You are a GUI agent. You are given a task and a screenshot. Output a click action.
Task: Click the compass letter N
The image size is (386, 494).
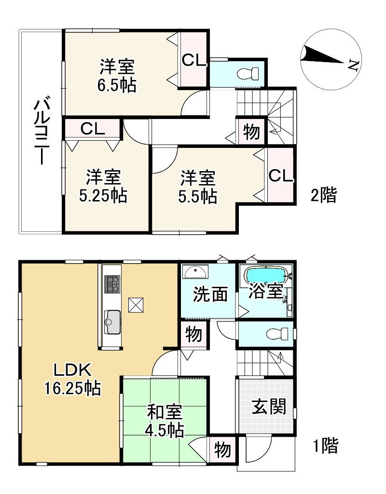coord(353,65)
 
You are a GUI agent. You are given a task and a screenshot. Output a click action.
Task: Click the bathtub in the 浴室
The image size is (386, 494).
coord(266,276)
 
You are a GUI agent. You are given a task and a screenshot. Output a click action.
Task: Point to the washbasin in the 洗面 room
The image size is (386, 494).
coord(195,272)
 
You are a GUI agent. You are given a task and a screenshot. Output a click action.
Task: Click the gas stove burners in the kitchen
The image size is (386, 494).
coord(112,283)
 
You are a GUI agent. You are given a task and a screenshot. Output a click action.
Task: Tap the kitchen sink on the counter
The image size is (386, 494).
coord(112,321)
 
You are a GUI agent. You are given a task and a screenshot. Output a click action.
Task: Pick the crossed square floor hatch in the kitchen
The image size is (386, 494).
coord(136,305)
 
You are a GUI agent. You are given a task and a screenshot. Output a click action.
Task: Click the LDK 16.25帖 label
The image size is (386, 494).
coord(72,379)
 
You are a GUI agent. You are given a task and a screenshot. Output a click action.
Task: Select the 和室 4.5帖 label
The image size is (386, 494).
coord(165,421)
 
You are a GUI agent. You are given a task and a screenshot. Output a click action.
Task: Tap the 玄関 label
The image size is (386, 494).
coord(269,406)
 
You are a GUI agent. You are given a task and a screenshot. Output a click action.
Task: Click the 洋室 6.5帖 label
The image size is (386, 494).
coord(117,75)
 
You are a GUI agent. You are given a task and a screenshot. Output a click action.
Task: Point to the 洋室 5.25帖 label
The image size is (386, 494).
coord(103,186)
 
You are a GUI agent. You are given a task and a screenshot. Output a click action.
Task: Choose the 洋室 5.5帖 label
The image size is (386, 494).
coord(198,187)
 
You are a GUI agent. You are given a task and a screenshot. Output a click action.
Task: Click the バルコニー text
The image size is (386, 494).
coord(41,132)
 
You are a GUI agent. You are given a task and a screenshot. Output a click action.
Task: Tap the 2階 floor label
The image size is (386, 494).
coord(324,195)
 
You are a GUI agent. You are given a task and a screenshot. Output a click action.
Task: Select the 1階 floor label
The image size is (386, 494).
coord(326,445)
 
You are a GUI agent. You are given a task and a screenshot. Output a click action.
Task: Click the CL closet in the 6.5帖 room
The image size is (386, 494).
coord(193,60)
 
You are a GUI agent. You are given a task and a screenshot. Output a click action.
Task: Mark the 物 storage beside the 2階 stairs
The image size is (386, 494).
coord(252,131)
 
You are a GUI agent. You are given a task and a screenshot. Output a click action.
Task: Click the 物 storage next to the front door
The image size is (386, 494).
coord(222,450)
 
